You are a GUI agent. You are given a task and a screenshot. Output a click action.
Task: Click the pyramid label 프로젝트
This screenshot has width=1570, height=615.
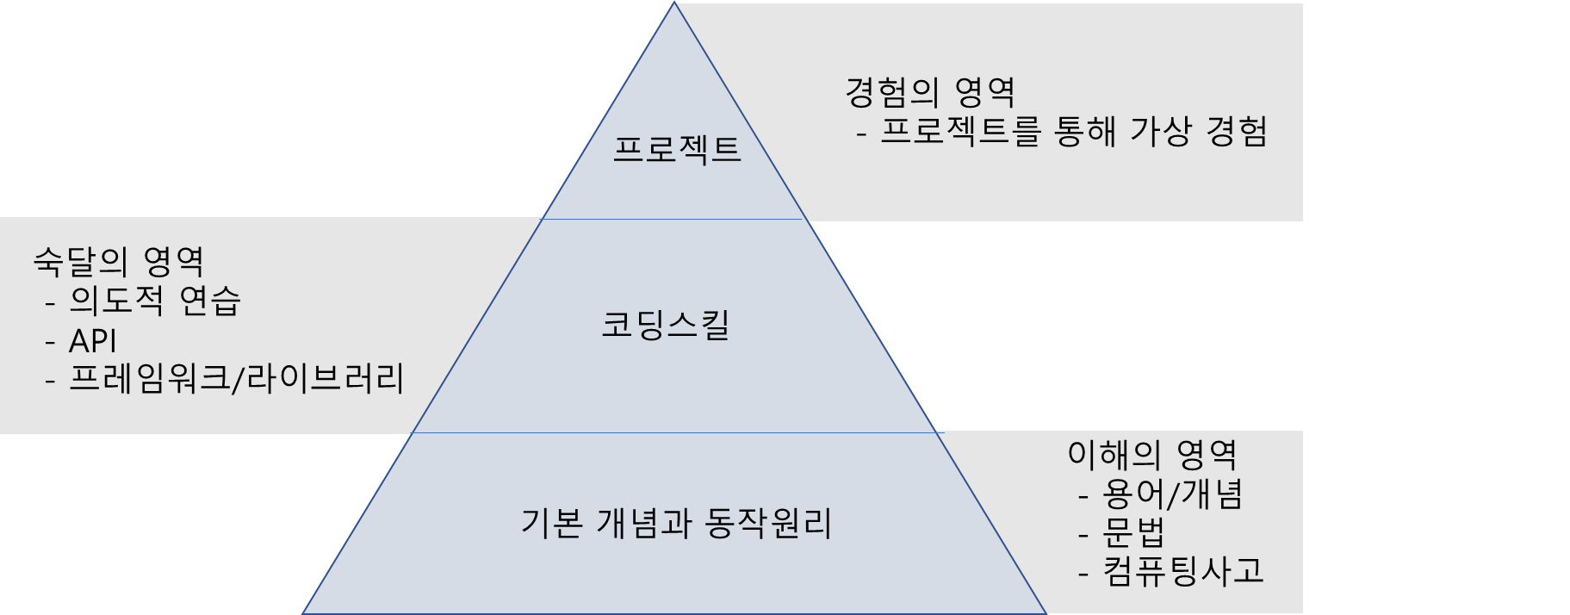pyautogui.click(x=676, y=150)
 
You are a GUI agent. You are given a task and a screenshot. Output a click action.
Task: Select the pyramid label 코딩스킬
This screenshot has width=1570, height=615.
pyautogui.click(x=666, y=326)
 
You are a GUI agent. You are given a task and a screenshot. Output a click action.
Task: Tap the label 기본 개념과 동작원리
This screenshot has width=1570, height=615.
pyautogui.click(x=676, y=523)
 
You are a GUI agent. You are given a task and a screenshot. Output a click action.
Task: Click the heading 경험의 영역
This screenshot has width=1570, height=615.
pyautogui.click(x=930, y=92)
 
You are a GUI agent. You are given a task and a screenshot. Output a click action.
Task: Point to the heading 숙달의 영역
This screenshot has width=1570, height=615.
pyautogui.click(x=119, y=261)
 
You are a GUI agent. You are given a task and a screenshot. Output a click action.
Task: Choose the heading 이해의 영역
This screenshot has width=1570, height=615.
pyautogui.click(x=1152, y=454)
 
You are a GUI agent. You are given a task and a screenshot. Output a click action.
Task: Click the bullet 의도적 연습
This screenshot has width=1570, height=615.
pyautogui.click(x=155, y=301)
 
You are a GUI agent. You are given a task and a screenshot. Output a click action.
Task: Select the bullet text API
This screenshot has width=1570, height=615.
pyautogui.click(x=92, y=341)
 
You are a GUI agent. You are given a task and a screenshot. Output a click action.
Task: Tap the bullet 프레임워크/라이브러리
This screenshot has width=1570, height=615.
pyautogui.click(x=236, y=379)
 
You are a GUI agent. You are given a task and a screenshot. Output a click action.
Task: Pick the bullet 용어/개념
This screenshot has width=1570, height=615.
pyautogui.click(x=1172, y=494)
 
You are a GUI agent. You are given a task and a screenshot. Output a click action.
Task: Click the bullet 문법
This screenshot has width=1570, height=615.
pyautogui.click(x=1133, y=533)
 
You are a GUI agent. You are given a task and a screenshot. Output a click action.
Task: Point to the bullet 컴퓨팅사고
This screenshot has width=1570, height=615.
pyautogui.click(x=1182, y=571)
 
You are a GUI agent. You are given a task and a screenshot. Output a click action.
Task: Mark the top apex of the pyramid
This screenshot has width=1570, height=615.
pyautogui.click(x=674, y=4)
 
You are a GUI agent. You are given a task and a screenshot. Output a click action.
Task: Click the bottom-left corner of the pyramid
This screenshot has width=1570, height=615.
pyautogui.click(x=304, y=612)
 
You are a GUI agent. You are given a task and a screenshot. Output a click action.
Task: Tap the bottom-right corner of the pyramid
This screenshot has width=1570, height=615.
pyautogui.click(x=1045, y=612)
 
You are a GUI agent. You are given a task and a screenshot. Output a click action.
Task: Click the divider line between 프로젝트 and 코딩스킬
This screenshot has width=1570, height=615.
pyautogui.click(x=674, y=219)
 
